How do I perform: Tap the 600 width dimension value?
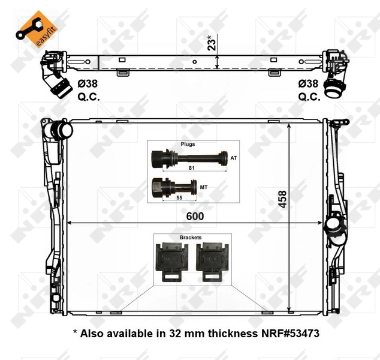click(195, 215)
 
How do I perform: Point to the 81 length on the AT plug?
click(192, 168)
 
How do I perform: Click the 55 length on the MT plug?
click(179, 197)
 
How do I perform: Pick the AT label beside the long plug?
click(234, 158)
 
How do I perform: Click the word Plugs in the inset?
click(188, 145)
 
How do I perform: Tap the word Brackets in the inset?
click(190, 238)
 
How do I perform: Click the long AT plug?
click(186, 159)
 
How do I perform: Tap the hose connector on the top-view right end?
click(333, 89)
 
